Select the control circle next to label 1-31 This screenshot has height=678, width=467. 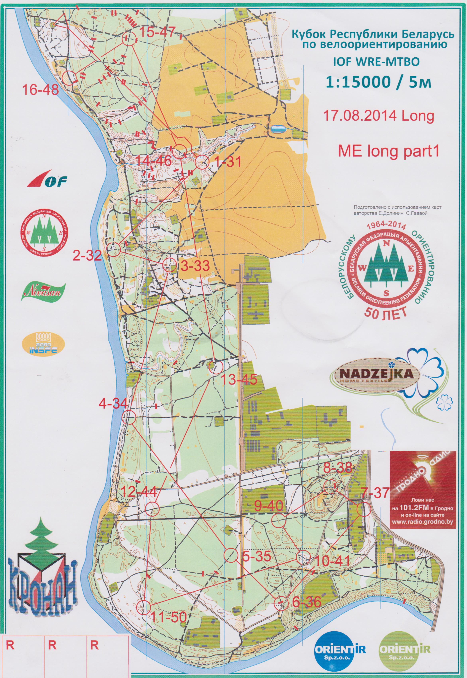coord(202,162)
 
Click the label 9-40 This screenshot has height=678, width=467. coord(268,506)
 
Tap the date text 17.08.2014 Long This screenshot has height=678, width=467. coord(378,116)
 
